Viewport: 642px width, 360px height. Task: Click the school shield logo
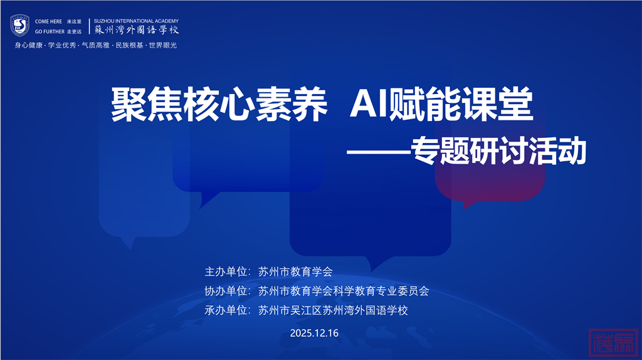click(19, 26)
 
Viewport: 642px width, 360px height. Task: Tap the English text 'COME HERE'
click(48, 21)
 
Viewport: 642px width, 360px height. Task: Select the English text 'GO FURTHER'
click(50, 31)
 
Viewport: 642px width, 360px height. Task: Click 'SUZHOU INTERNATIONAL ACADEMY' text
click(136, 21)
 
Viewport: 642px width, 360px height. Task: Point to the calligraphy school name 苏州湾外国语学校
click(137, 30)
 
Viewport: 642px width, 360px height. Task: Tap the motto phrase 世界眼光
click(163, 45)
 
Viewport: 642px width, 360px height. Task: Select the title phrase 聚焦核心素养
click(219, 105)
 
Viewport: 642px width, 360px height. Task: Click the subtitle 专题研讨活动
click(498, 151)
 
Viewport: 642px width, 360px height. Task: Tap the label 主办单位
click(226, 272)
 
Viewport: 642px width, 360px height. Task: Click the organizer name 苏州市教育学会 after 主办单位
click(296, 272)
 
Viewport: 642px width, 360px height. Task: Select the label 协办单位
click(226, 291)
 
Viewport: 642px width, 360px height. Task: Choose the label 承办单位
click(226, 310)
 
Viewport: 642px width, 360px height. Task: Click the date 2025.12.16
click(315, 333)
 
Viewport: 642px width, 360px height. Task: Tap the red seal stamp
click(613, 342)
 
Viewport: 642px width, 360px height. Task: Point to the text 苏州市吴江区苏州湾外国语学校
click(334, 310)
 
